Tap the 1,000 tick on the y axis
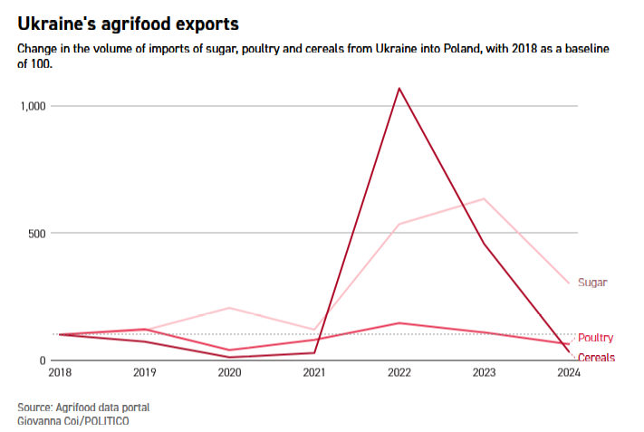click(34, 106)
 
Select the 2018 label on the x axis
click(60, 372)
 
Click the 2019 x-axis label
click(144, 372)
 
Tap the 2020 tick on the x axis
click(229, 372)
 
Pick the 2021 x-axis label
click(314, 372)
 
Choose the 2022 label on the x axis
click(399, 372)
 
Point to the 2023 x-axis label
click(484, 372)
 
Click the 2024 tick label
click(569, 372)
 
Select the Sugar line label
click(592, 283)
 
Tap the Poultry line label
click(595, 338)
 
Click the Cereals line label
click(596, 358)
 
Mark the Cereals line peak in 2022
click(399, 89)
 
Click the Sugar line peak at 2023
click(484, 198)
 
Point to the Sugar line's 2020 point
click(229, 308)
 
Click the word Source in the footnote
click(34, 407)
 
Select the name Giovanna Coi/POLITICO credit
click(69, 421)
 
